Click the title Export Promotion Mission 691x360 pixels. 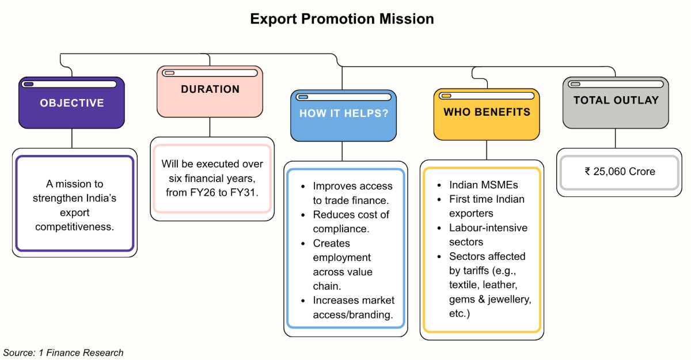[342, 18]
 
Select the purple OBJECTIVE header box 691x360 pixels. [71, 103]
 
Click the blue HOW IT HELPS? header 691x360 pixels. [343, 113]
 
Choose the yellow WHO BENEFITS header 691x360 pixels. [487, 112]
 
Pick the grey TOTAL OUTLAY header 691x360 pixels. [616, 100]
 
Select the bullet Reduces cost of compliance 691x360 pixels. [351, 222]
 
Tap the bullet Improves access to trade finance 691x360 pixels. [352, 193]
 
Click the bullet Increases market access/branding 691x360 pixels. [354, 308]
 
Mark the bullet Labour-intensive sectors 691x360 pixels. [488, 235]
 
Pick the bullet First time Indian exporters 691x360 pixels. [487, 206]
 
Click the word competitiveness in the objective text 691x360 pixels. [75, 226]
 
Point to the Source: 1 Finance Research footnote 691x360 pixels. [63, 353]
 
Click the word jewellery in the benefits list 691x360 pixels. [507, 300]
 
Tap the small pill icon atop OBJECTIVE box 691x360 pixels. [28, 84]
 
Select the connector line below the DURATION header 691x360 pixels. [210, 127]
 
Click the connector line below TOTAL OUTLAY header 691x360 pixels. [616, 138]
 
